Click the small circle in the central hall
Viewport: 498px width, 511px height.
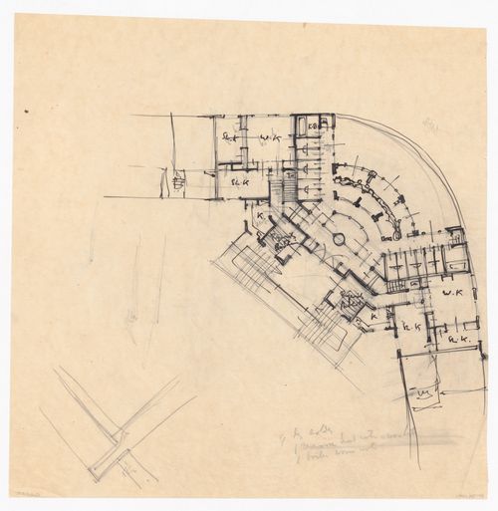tap(336, 240)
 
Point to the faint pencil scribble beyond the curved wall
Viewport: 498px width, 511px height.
tap(430, 127)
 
